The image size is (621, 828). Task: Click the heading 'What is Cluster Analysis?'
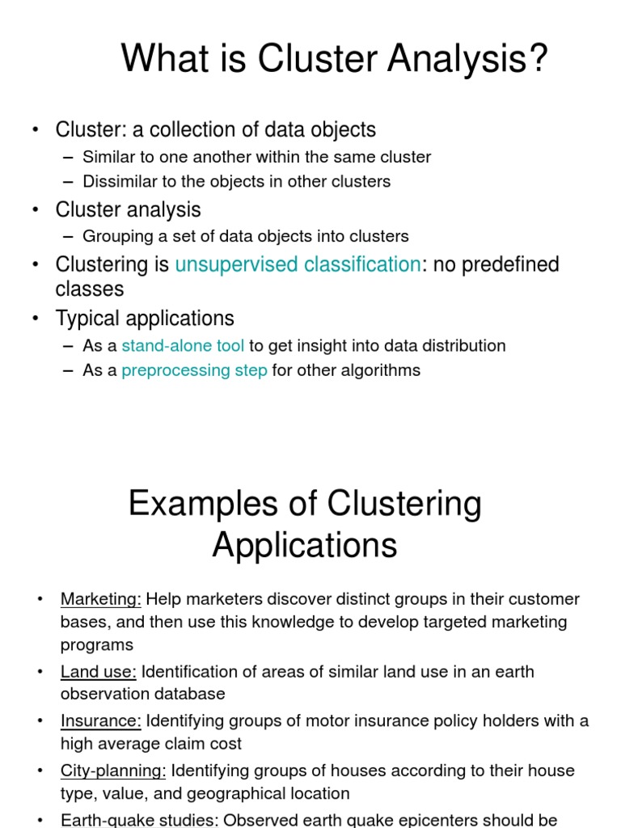point(335,59)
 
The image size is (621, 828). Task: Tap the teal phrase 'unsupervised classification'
point(298,264)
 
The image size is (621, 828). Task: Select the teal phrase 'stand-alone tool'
point(183,346)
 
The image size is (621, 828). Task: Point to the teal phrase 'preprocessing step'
point(194,370)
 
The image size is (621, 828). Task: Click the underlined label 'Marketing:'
point(101,599)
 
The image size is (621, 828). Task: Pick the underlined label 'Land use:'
point(99,672)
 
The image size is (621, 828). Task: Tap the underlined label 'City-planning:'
point(113,770)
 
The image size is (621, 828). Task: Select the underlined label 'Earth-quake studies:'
point(140,819)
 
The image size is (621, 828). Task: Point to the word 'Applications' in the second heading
point(305,545)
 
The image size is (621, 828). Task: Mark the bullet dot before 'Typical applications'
point(36,319)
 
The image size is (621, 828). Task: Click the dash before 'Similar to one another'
point(67,157)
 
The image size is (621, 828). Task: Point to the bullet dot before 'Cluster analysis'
point(36,210)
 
